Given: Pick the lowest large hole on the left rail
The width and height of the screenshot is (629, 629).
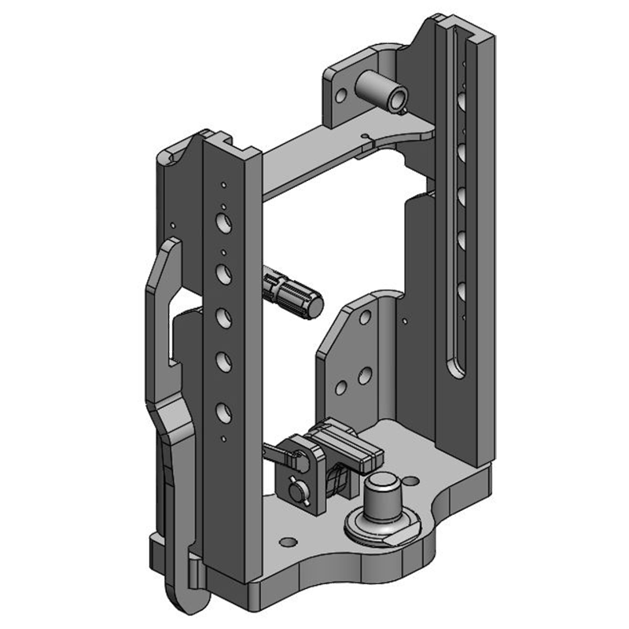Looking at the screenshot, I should (x=222, y=410).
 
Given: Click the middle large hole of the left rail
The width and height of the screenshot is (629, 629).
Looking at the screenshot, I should (x=223, y=317).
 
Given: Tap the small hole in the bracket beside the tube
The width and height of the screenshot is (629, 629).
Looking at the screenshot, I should (x=340, y=96).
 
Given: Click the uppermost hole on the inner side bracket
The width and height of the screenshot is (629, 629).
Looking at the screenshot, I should (x=363, y=318).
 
